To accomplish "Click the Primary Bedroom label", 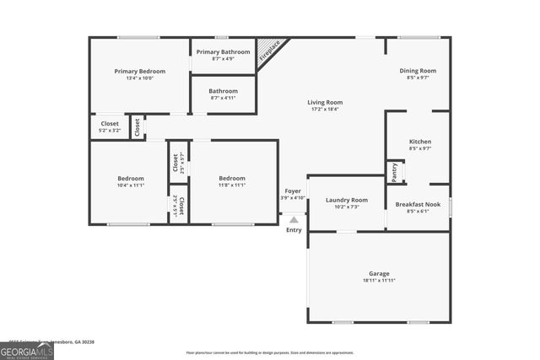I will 140,72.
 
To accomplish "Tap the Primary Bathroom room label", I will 224,52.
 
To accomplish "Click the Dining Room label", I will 418,71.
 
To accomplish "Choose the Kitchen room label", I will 420,142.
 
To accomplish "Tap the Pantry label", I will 394,171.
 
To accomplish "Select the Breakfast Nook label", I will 418,204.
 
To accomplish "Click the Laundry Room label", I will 347,200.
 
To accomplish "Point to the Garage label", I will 379,273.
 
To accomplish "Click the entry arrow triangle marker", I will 294,219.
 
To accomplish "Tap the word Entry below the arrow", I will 294,230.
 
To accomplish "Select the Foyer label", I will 293,191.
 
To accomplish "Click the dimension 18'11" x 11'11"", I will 379,281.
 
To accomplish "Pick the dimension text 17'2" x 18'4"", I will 325,109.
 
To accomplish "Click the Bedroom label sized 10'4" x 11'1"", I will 131,178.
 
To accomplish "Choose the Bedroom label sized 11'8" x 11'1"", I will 232,178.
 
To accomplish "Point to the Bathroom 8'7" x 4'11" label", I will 224,91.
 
